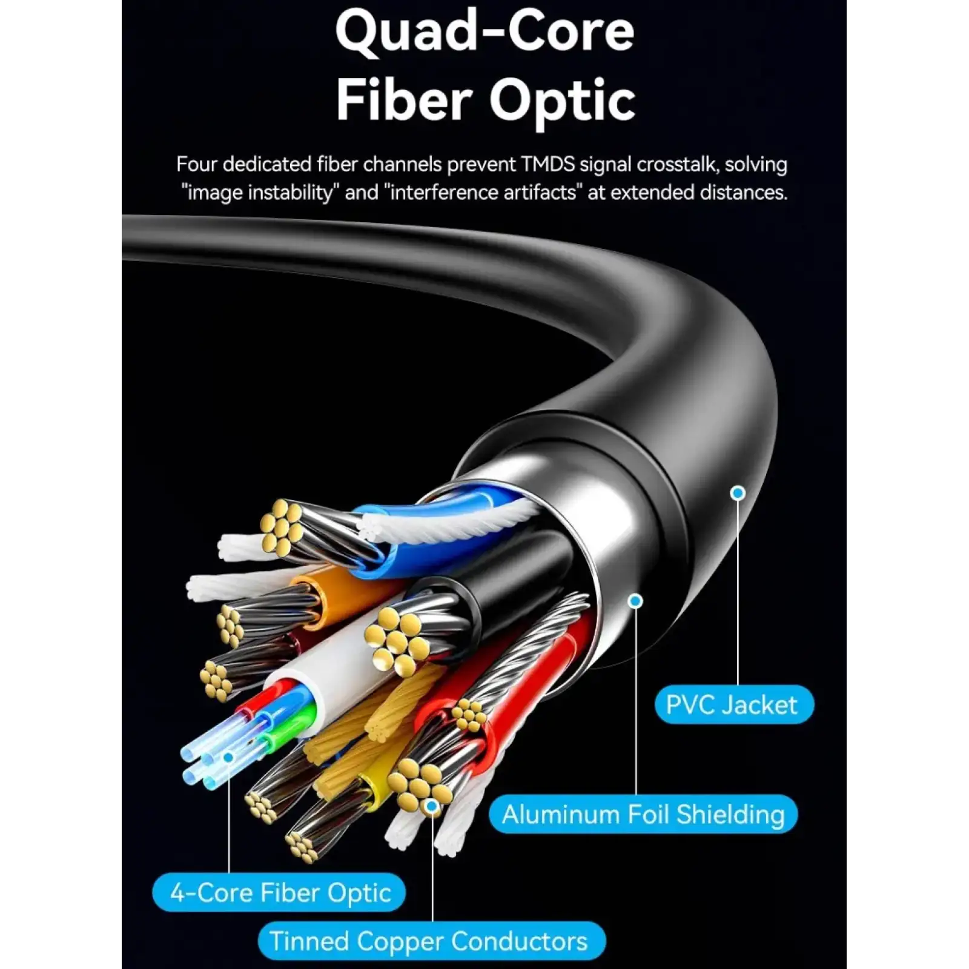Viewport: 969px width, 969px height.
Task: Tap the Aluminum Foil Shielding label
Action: (x=643, y=814)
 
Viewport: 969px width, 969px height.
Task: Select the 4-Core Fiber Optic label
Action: (x=279, y=892)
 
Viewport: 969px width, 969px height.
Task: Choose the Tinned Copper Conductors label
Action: (x=432, y=941)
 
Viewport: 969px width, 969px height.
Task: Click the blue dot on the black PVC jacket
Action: (x=738, y=493)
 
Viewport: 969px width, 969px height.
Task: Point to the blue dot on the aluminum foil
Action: (x=635, y=601)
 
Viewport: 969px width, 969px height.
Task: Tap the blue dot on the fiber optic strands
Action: (x=228, y=757)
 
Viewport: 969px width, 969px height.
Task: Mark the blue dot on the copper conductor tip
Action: (x=432, y=805)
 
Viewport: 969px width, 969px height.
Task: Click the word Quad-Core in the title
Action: (x=484, y=31)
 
